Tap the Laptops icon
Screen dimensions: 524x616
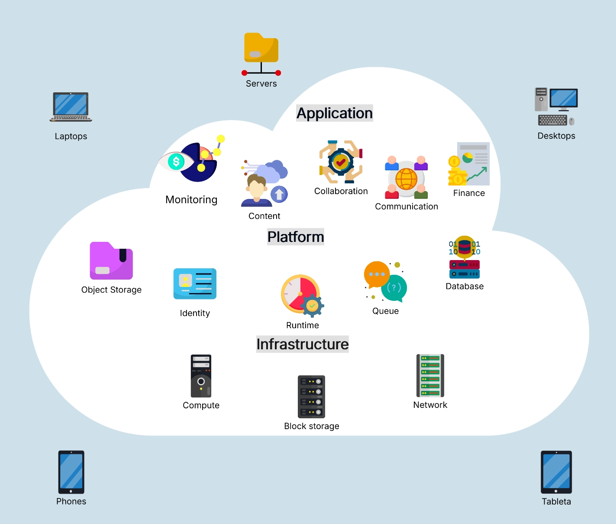71,107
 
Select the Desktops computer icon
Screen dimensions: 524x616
556,107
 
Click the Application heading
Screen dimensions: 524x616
335,113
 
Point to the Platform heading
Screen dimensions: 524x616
296,237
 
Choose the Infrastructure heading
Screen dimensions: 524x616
303,344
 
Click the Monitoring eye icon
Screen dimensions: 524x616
177,162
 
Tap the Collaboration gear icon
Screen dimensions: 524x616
341,162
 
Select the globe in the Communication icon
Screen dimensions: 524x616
406,179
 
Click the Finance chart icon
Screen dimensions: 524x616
469,164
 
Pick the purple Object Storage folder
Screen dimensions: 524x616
111,261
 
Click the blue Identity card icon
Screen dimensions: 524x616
195,284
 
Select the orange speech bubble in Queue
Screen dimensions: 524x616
377,274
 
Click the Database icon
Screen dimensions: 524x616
464,257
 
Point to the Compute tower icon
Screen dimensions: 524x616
201,376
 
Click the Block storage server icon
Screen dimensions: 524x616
312,397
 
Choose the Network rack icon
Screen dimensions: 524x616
430,375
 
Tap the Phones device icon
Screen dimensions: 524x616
71,472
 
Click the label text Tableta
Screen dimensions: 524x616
556,501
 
